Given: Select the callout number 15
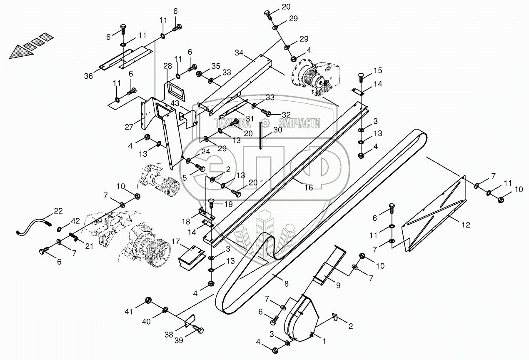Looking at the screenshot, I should (377, 70).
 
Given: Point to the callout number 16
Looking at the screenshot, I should (308, 188).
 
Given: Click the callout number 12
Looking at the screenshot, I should (466, 225).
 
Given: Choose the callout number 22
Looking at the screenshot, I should (58, 211).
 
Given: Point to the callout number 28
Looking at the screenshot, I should (167, 66).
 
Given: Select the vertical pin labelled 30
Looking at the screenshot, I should (260, 135).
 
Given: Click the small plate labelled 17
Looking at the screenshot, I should (190, 254).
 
